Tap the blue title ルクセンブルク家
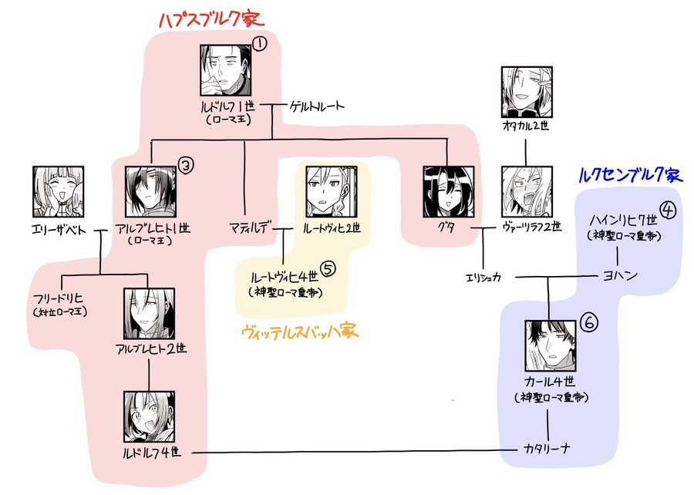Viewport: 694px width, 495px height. point(629,175)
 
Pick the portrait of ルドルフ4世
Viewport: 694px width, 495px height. point(149,416)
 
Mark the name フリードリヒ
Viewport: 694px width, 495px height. point(58,297)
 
